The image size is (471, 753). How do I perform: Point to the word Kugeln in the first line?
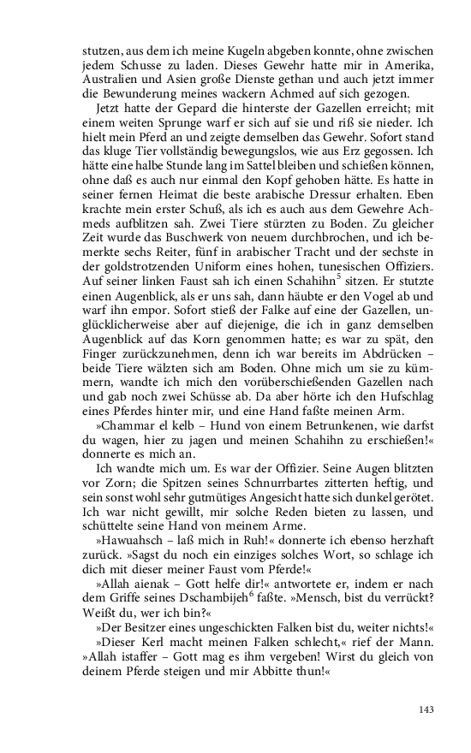(x=198, y=51)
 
